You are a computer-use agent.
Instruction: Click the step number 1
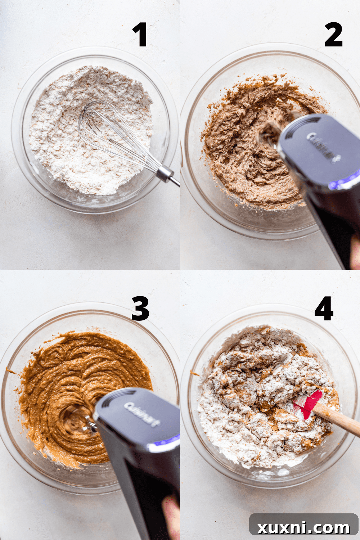140,35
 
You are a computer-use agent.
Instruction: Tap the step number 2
333,35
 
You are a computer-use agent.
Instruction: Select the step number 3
140,309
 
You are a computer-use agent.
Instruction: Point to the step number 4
324,309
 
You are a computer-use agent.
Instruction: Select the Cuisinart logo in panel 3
141,414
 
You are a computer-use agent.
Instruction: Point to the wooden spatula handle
338,419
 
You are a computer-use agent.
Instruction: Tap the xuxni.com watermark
303,527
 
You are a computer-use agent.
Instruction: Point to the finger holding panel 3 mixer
171,515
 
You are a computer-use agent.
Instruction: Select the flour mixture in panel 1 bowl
65,144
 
